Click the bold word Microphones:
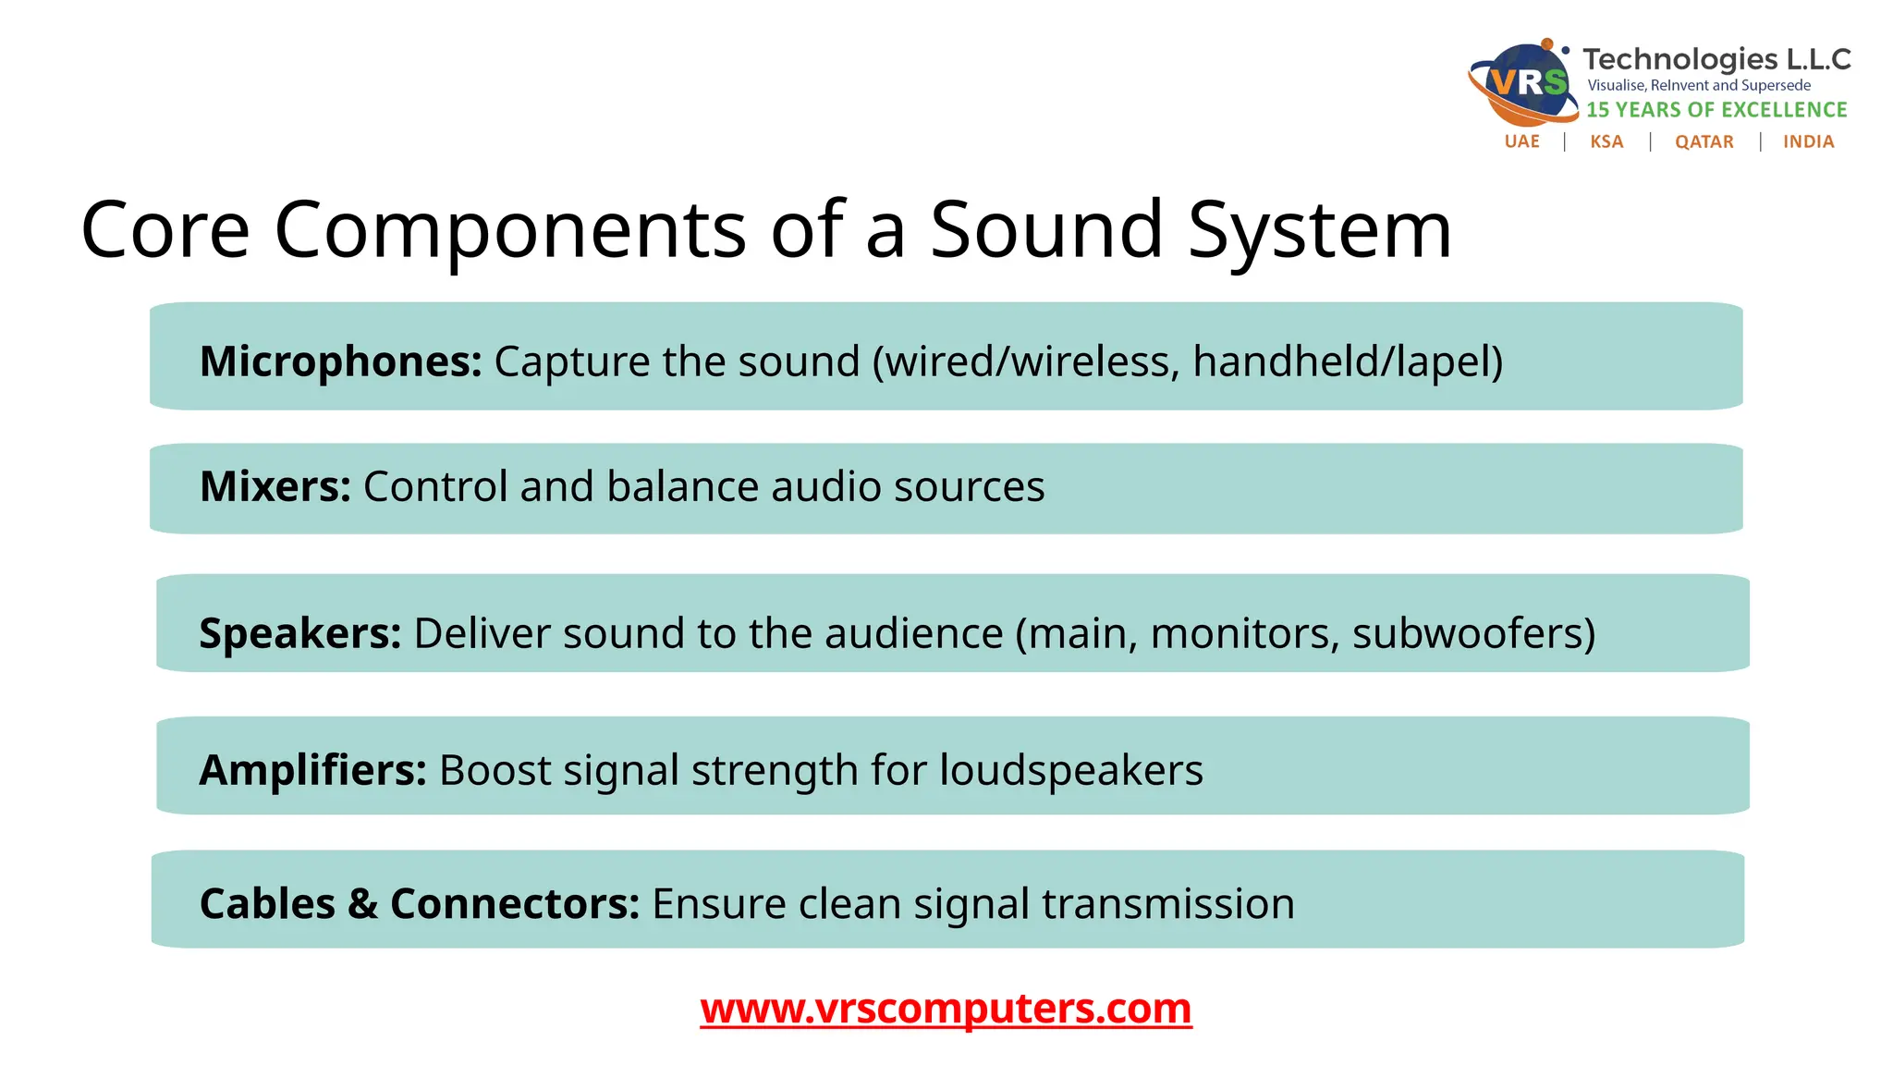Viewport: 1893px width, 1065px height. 340,361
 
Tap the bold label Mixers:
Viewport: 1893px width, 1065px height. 275,486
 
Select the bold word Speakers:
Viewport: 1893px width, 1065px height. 299,633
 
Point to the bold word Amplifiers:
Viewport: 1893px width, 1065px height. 312,770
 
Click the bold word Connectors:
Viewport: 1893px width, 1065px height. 514,904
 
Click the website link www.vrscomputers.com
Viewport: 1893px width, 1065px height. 946,1008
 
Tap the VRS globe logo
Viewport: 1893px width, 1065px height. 1523,83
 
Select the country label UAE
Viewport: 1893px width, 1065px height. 1521,141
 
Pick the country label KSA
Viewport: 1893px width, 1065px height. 1606,141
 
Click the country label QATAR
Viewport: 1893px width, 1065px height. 1704,141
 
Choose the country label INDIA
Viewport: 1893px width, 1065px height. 1808,141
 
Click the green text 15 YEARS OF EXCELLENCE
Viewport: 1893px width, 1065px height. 1716,110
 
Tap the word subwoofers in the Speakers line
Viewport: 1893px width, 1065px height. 1473,634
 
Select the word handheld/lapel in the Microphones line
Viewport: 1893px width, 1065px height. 1347,361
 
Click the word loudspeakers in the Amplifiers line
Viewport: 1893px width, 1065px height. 1071,770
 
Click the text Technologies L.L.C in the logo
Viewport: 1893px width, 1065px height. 1716,59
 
